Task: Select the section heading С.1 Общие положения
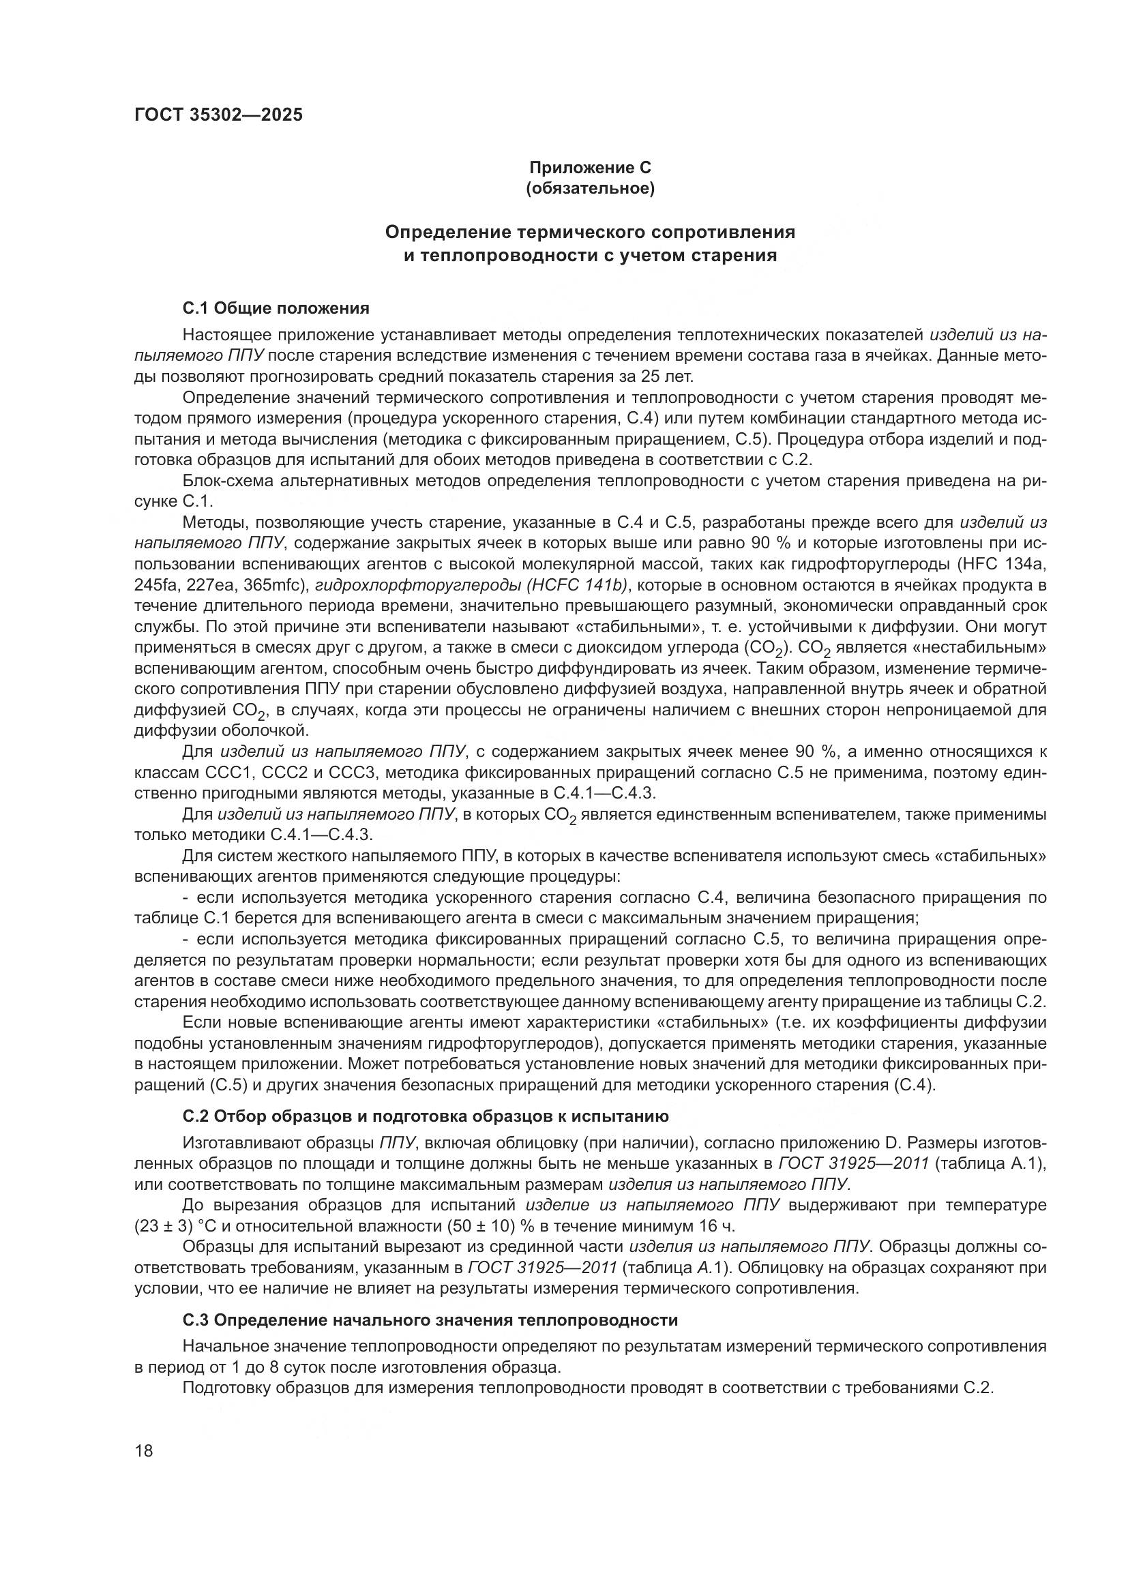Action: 276,308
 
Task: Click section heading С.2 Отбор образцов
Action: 425,1116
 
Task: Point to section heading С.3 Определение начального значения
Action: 430,1320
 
